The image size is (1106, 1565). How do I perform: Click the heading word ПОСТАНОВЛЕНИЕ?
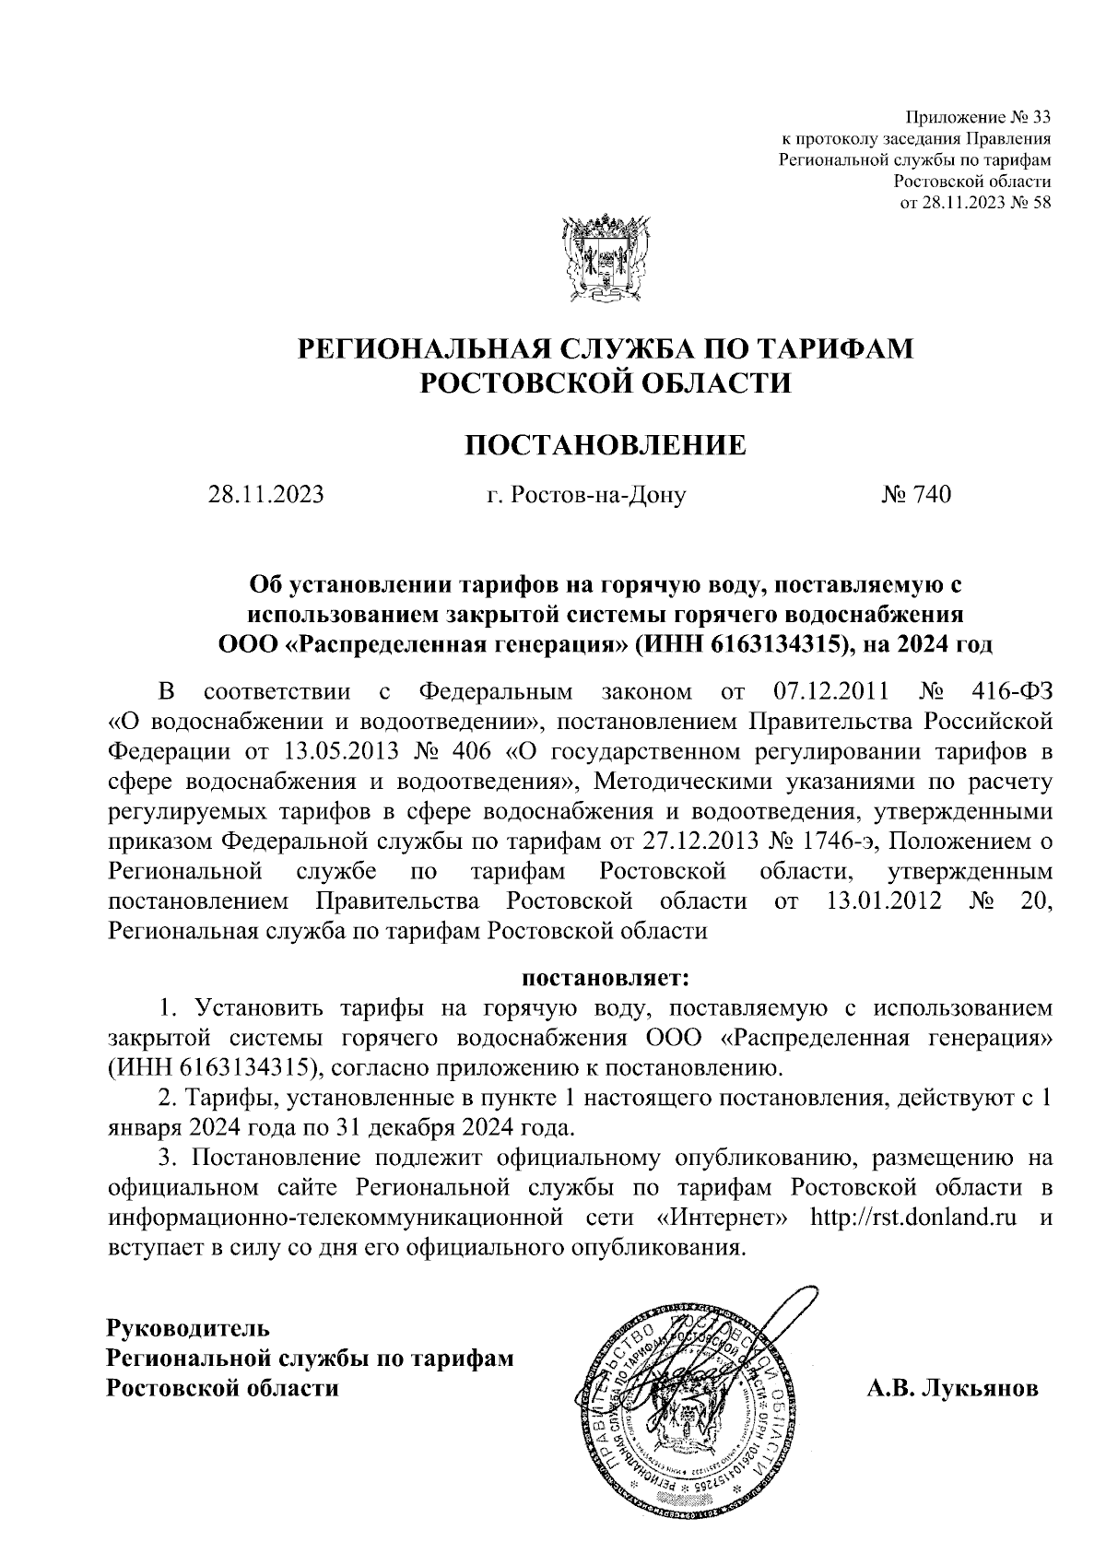[604, 446]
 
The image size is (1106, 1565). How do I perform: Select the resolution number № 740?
[915, 496]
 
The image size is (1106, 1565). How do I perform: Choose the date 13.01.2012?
[879, 900]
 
